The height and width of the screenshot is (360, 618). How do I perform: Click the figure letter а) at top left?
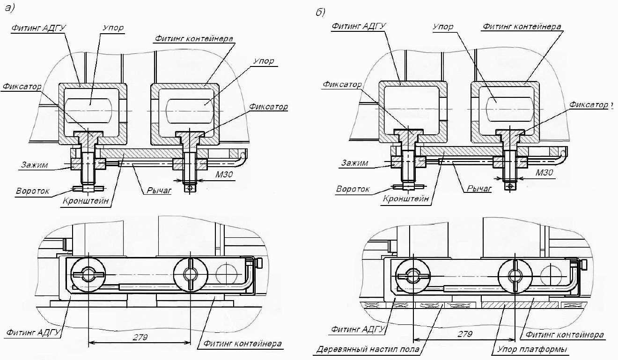point(9,8)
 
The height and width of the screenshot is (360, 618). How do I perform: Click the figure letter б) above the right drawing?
point(320,12)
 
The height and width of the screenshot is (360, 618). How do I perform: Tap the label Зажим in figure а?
point(35,165)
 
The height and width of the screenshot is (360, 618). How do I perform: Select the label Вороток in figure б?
point(353,189)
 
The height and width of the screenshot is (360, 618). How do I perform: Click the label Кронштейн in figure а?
point(86,200)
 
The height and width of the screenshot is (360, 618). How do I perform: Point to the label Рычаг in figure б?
point(479,189)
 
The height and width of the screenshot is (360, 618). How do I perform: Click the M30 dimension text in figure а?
point(224,174)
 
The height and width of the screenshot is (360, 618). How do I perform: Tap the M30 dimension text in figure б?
point(544,173)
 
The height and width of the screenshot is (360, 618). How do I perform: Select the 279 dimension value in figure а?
point(140,337)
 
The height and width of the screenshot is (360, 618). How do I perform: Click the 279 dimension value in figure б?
point(465,334)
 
